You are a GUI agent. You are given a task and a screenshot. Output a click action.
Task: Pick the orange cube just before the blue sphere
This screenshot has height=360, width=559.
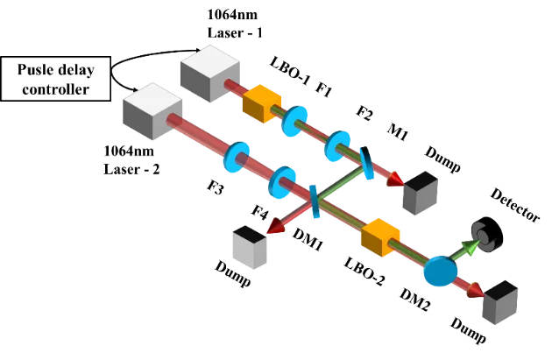[380, 236]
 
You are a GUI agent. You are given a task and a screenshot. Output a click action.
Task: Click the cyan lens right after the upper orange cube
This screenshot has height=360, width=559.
[295, 122]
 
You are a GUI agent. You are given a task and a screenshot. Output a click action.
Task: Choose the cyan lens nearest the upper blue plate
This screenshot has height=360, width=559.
[337, 146]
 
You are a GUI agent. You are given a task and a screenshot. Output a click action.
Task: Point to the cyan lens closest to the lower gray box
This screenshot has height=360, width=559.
[237, 158]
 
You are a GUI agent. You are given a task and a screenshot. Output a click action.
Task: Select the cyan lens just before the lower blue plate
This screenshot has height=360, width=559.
[282, 182]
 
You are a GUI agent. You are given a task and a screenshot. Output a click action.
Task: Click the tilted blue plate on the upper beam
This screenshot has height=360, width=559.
[366, 164]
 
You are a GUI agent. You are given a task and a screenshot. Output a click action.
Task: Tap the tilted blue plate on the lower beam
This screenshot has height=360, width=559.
[314, 201]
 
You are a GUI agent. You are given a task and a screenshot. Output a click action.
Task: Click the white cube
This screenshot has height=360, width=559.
[250, 247]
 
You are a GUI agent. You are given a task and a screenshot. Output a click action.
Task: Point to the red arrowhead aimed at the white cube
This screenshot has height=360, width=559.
[276, 226]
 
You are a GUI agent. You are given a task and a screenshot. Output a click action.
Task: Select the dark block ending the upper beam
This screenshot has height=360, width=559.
[420, 194]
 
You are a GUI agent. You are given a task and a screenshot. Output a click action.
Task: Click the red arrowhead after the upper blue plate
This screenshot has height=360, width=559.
[395, 180]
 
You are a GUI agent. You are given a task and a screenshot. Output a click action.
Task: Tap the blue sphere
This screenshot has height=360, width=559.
[440, 271]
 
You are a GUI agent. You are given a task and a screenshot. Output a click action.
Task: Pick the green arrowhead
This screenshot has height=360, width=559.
[471, 247]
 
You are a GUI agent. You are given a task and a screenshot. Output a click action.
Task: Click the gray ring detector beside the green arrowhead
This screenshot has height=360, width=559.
[484, 235]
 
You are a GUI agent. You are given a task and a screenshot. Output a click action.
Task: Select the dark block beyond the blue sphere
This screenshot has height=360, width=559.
[500, 302]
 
